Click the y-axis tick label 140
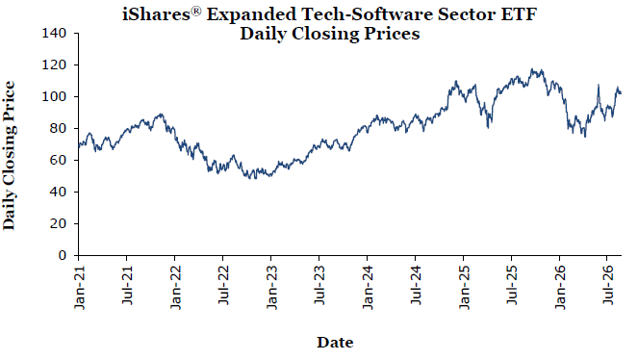[x=54, y=33]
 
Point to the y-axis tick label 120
[x=54, y=64]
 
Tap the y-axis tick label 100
[x=54, y=96]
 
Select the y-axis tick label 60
[x=58, y=160]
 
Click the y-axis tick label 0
[x=62, y=255]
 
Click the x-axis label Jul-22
[x=223, y=286]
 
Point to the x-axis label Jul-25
[x=512, y=286]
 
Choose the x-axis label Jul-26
[x=608, y=286]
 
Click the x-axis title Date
[x=335, y=342]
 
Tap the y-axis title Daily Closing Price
[x=9, y=156]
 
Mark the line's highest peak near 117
[x=532, y=68]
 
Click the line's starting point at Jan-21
[x=79, y=147]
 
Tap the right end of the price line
[x=621, y=93]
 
